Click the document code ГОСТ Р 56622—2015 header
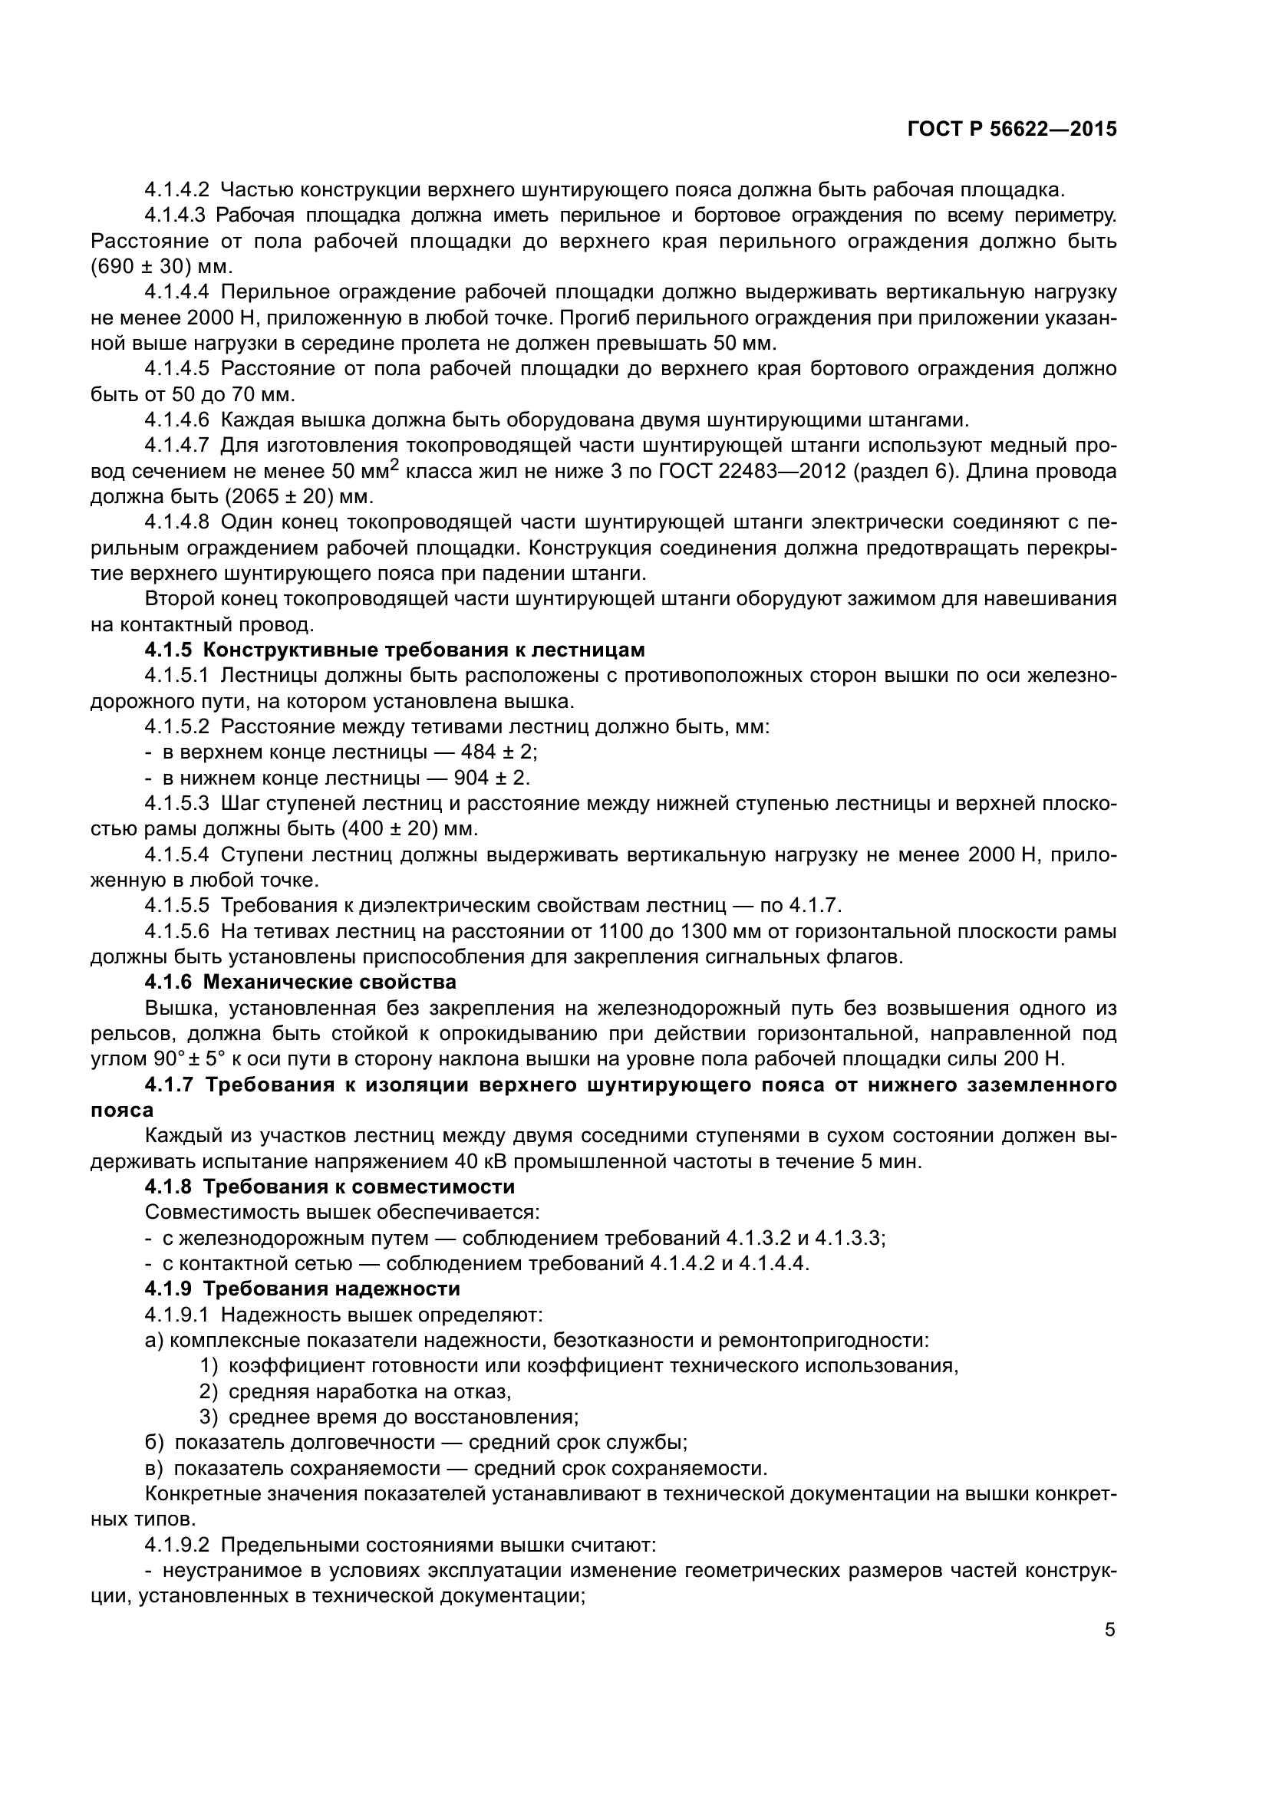pos(1012,130)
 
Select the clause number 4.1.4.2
pos(176,190)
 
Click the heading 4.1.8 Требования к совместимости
pos(330,1187)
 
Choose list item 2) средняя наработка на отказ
pos(355,1391)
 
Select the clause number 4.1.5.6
pos(176,931)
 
